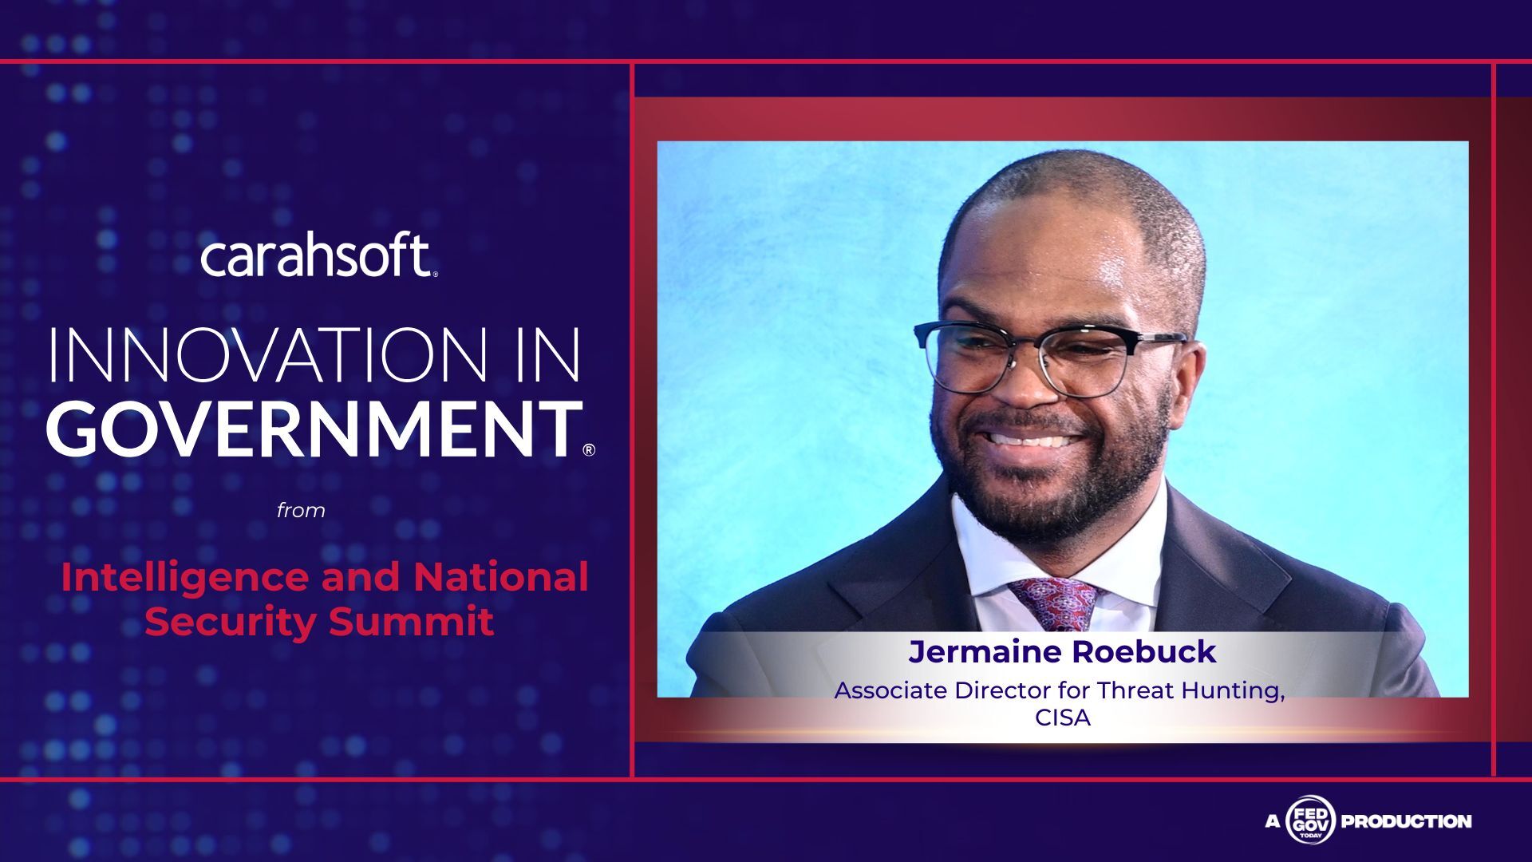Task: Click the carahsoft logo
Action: (318, 256)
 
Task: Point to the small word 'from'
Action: (301, 511)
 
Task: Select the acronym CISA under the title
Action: (1063, 718)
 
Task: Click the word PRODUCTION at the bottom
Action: (1406, 820)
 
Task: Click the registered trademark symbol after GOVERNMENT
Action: (589, 449)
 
